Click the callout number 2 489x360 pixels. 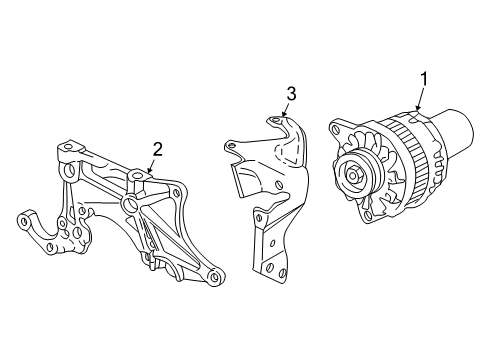pos(157,149)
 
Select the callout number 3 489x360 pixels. pos(291,94)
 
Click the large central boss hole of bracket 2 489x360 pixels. pos(128,207)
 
